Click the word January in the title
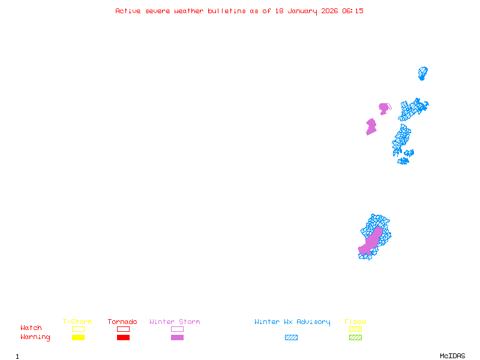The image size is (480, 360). pyautogui.click(x=301, y=11)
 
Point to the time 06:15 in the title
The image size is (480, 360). pyautogui.click(x=353, y=11)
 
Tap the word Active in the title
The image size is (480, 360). pyautogui.click(x=128, y=11)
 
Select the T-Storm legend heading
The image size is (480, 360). pyautogui.click(x=77, y=322)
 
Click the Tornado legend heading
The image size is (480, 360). pyautogui.click(x=122, y=322)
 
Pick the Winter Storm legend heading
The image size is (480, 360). pyautogui.click(x=175, y=322)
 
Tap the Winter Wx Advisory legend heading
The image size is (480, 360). pyautogui.click(x=292, y=322)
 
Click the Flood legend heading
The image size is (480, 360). pyautogui.click(x=355, y=322)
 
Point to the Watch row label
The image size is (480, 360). pyautogui.click(x=31, y=328)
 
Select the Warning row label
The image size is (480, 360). pyautogui.click(x=35, y=337)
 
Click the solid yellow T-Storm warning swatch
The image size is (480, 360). pyautogui.click(x=78, y=337)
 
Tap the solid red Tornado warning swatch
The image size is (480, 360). pyautogui.click(x=123, y=337)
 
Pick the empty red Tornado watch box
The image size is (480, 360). pyautogui.click(x=123, y=329)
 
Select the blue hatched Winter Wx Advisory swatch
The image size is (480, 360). pyautogui.click(x=291, y=337)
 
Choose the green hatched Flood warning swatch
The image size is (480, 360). pyautogui.click(x=355, y=337)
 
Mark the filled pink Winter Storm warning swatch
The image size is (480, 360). pyautogui.click(x=177, y=337)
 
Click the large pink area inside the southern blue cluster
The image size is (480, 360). pyautogui.click(x=372, y=239)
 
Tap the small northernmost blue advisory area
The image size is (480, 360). pyautogui.click(x=422, y=73)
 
